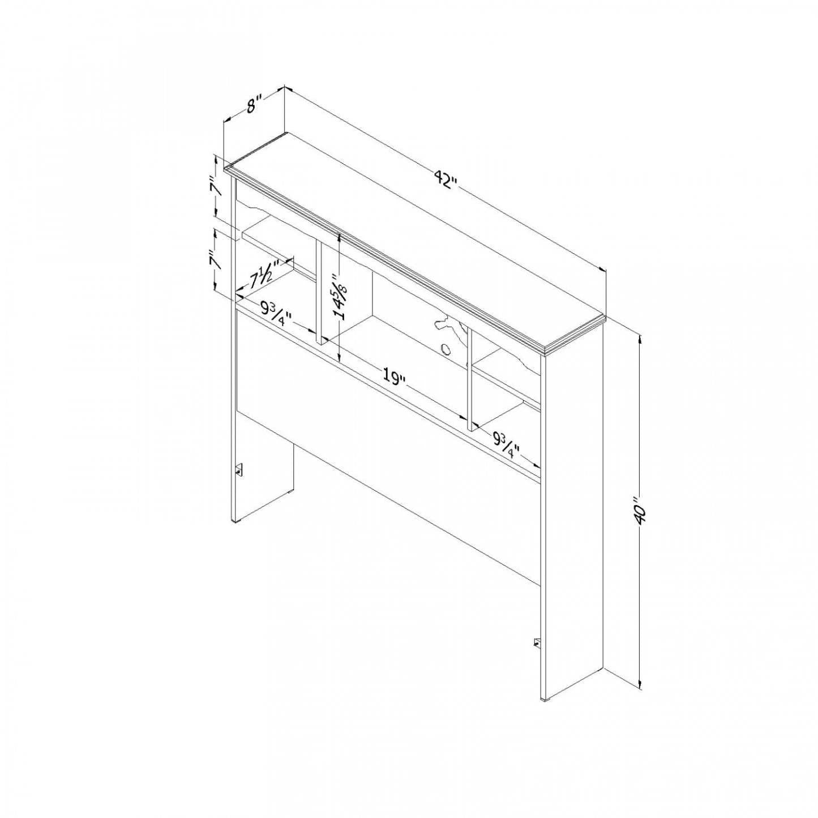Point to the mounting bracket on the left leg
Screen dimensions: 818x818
(238, 470)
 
